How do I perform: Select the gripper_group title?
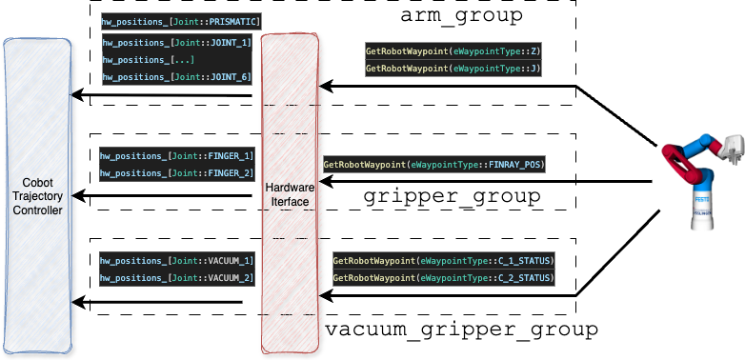[x=453, y=197]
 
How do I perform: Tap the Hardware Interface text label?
[x=290, y=194]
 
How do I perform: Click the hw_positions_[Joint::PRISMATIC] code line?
[x=181, y=21]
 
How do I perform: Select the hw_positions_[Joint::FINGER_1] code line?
[x=176, y=155]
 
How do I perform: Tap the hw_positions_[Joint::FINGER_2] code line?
[x=176, y=172]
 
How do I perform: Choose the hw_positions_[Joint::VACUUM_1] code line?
[x=176, y=260]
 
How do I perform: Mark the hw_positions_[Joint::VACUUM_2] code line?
[x=176, y=277]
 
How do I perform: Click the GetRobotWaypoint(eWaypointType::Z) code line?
[x=453, y=52]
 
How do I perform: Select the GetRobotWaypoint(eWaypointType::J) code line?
[x=453, y=70]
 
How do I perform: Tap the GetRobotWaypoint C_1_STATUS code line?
[x=443, y=260]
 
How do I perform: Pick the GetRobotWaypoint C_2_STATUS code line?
[x=443, y=278]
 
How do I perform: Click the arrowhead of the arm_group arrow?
[x=326, y=87]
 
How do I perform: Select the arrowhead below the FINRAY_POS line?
[x=326, y=183]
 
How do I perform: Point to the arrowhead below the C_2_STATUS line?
[x=326, y=296]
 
